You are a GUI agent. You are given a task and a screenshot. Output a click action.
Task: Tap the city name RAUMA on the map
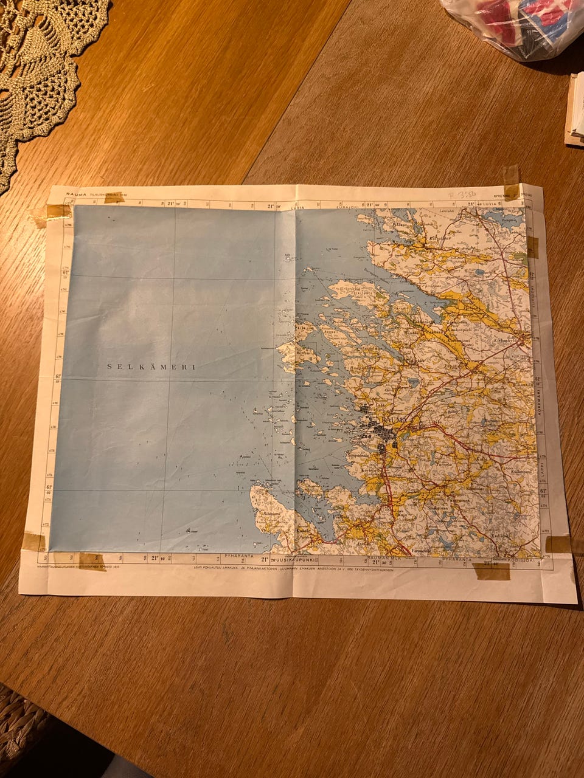click(396, 421)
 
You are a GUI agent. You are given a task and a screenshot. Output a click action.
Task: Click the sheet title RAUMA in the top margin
click(77, 194)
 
